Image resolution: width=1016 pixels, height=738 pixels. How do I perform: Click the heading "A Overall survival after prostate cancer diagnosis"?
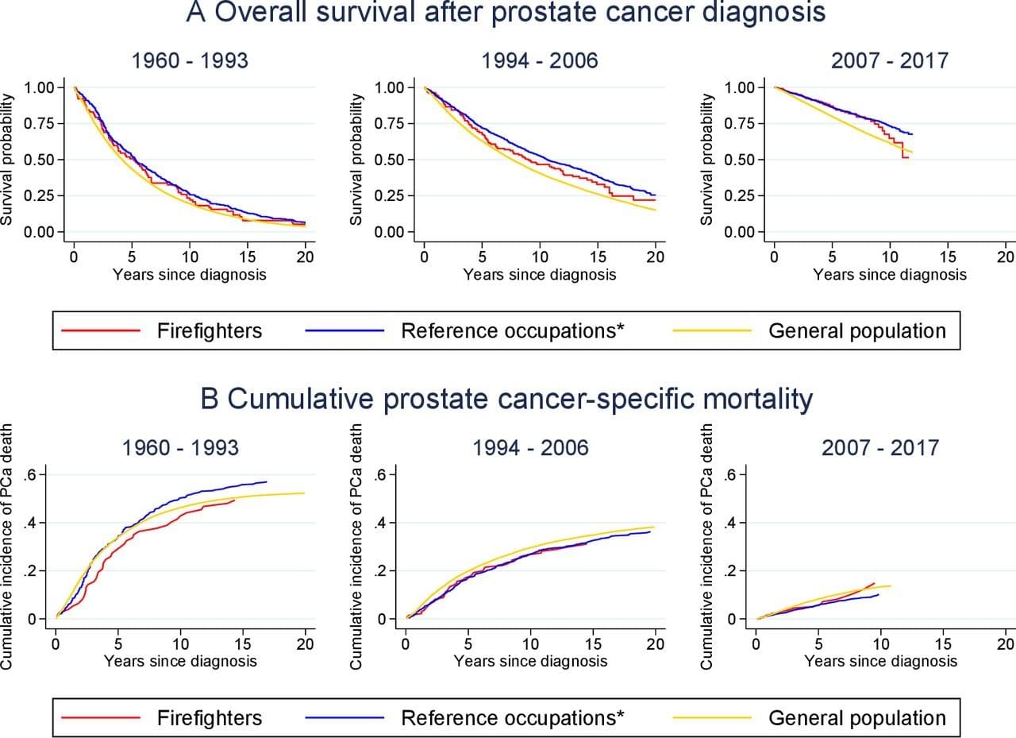coord(506,13)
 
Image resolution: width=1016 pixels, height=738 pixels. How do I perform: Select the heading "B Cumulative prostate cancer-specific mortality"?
coord(507,400)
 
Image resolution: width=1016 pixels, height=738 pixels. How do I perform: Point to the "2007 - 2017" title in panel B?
coord(879,447)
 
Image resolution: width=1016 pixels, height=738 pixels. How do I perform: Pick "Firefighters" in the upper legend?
coord(209,330)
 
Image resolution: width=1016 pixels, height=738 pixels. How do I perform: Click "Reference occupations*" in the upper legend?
coord(513,330)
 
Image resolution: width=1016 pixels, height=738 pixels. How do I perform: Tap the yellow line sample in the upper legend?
coord(712,331)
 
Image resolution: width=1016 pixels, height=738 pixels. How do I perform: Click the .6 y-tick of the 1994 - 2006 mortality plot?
coord(379,475)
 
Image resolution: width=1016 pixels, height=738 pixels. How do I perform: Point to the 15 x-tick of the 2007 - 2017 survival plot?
coord(948,257)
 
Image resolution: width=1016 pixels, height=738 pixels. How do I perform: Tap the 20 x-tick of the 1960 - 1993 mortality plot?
coord(306,643)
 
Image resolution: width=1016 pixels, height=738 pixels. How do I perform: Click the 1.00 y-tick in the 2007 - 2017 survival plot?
coord(741,87)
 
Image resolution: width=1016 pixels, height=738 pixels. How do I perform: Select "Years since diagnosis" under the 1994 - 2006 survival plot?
coord(539,275)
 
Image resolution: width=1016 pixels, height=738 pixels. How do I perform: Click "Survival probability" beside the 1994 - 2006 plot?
coord(358,160)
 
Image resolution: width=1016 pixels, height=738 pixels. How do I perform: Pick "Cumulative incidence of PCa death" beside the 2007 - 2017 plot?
coord(708,546)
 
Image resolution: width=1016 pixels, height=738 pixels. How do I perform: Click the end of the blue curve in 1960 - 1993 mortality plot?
coord(267,481)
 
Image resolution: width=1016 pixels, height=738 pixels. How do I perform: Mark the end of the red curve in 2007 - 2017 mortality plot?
coord(874,582)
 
